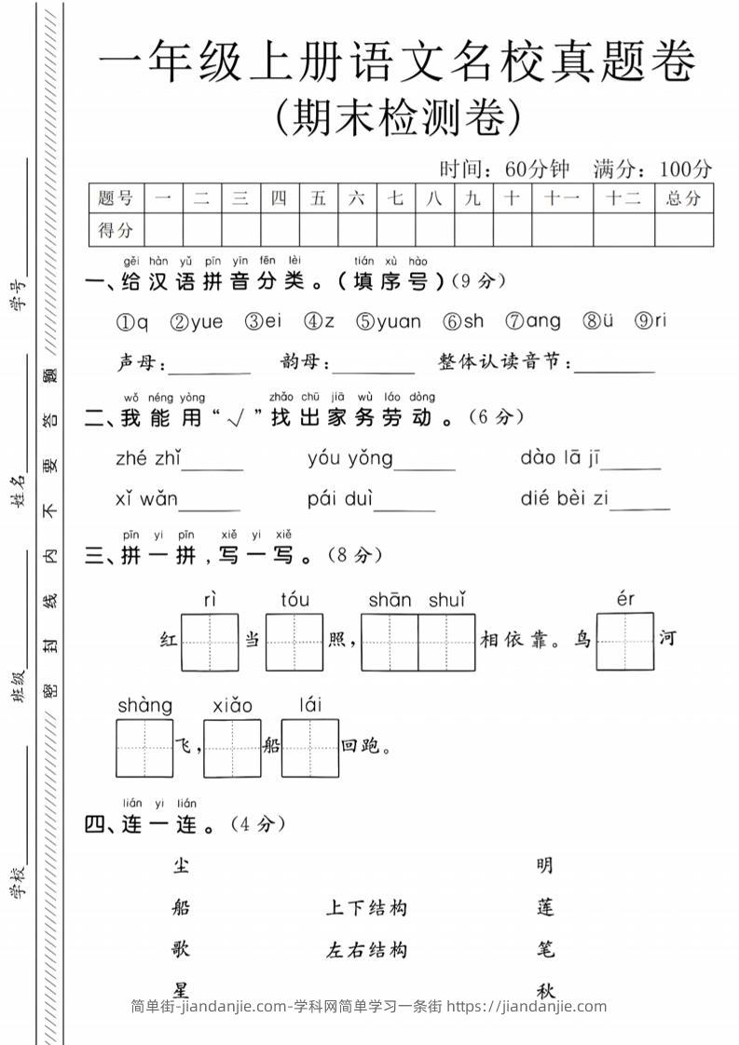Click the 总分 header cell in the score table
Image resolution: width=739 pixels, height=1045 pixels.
click(x=683, y=198)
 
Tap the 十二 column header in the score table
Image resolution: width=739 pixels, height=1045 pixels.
click(x=623, y=198)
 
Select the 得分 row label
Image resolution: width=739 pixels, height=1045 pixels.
click(x=116, y=229)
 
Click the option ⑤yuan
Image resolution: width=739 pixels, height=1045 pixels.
click(x=388, y=321)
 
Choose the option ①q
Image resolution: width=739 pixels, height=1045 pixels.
click(x=131, y=322)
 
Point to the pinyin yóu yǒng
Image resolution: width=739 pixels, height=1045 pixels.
click(x=350, y=458)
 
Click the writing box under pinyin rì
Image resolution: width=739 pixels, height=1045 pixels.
click(x=210, y=642)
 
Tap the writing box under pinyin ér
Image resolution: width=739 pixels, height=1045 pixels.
click(x=624, y=642)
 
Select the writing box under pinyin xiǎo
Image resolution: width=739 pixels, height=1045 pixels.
click(x=232, y=748)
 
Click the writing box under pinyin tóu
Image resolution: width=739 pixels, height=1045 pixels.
click(x=294, y=642)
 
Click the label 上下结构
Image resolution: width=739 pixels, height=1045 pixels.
click(x=366, y=908)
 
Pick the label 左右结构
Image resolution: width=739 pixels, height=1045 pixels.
click(x=366, y=950)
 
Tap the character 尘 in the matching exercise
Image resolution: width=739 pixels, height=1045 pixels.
click(x=181, y=865)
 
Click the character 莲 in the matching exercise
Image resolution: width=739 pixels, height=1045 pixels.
click(x=546, y=907)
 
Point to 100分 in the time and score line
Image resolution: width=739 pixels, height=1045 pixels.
click(x=685, y=169)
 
